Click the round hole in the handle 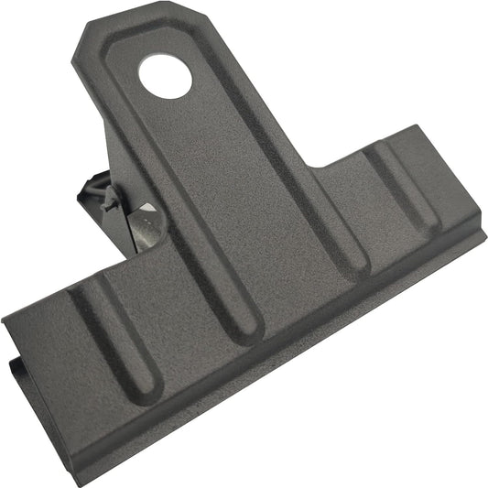pos(166,76)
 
